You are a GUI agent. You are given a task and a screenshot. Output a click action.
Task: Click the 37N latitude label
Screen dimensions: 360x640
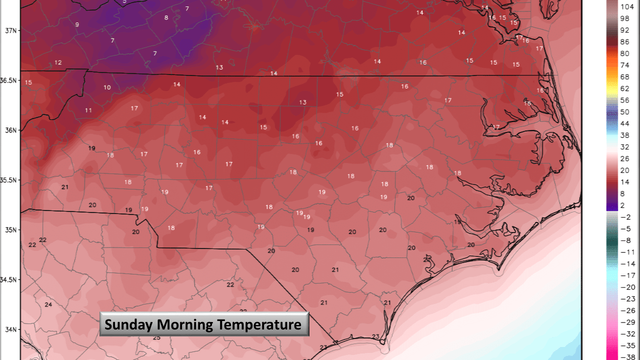click(x=9, y=30)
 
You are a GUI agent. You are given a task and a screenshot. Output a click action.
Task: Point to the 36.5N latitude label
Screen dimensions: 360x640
click(x=9, y=80)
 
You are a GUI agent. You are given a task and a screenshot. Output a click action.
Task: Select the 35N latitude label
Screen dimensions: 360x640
click(x=9, y=230)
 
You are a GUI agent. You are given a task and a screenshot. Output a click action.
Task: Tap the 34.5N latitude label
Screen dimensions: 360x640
click(x=9, y=280)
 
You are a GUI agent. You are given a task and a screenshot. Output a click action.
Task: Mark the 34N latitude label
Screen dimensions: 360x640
click(x=9, y=329)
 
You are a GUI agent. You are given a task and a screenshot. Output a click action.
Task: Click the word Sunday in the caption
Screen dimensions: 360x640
click(x=129, y=325)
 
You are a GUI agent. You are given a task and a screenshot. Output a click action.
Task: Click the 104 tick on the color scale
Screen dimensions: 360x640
click(x=627, y=6)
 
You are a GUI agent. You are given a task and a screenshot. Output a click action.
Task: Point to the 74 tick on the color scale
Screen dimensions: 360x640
click(x=625, y=65)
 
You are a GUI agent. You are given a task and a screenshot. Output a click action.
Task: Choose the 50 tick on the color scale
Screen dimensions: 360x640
click(x=625, y=111)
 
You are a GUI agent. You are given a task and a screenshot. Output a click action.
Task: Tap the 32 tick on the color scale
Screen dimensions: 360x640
click(x=625, y=147)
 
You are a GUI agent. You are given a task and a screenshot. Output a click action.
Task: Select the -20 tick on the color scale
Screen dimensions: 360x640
click(x=627, y=287)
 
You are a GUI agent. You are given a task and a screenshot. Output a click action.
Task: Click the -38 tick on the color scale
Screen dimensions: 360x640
click(x=627, y=356)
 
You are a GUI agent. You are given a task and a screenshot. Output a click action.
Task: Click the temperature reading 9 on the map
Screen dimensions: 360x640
click(x=77, y=24)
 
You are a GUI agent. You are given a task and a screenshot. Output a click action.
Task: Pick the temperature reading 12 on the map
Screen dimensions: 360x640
click(x=58, y=62)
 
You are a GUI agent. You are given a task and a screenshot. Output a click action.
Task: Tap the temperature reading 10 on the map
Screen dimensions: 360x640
click(x=107, y=87)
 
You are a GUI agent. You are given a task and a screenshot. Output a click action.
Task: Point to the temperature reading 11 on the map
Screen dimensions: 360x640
click(x=88, y=110)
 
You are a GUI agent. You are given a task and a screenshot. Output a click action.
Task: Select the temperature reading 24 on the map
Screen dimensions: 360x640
click(x=48, y=304)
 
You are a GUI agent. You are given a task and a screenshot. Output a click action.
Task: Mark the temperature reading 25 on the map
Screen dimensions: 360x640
click(x=156, y=338)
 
